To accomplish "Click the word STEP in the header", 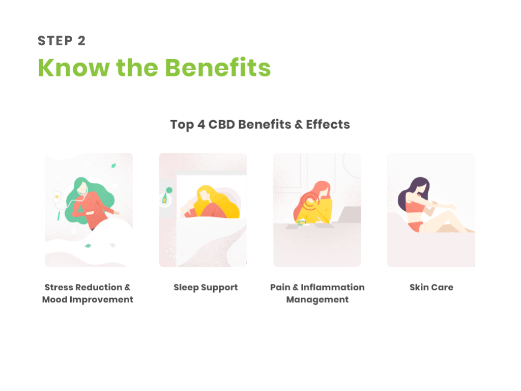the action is (x=55, y=41).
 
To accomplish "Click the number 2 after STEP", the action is (x=82, y=41).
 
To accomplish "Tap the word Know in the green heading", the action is (x=74, y=68).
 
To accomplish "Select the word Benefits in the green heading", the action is (x=218, y=68).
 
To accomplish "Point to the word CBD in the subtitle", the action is (x=222, y=124).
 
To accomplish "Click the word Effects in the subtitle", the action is (x=328, y=124).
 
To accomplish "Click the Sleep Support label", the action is (x=206, y=288).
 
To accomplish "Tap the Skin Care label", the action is (x=431, y=287).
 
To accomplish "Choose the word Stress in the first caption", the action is (x=59, y=287).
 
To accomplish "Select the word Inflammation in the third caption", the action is (x=333, y=287).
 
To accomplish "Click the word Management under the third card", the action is (x=317, y=300).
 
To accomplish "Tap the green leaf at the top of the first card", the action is (x=113, y=165).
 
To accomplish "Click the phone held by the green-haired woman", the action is (x=57, y=197).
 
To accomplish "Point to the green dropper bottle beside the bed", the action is (x=164, y=199).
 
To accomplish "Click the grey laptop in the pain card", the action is (x=349, y=214).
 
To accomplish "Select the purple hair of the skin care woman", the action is (x=413, y=193).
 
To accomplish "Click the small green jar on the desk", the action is (x=302, y=222).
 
